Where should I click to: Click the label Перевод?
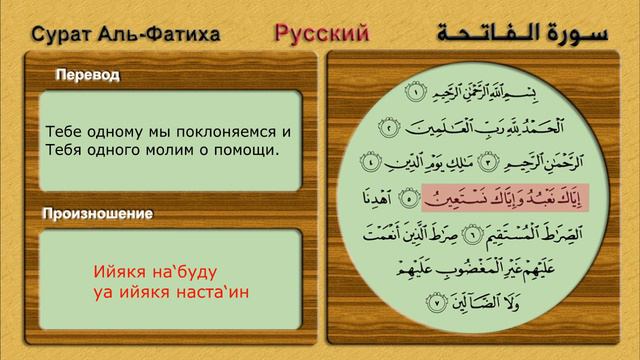pyautogui.click(x=88, y=76)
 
